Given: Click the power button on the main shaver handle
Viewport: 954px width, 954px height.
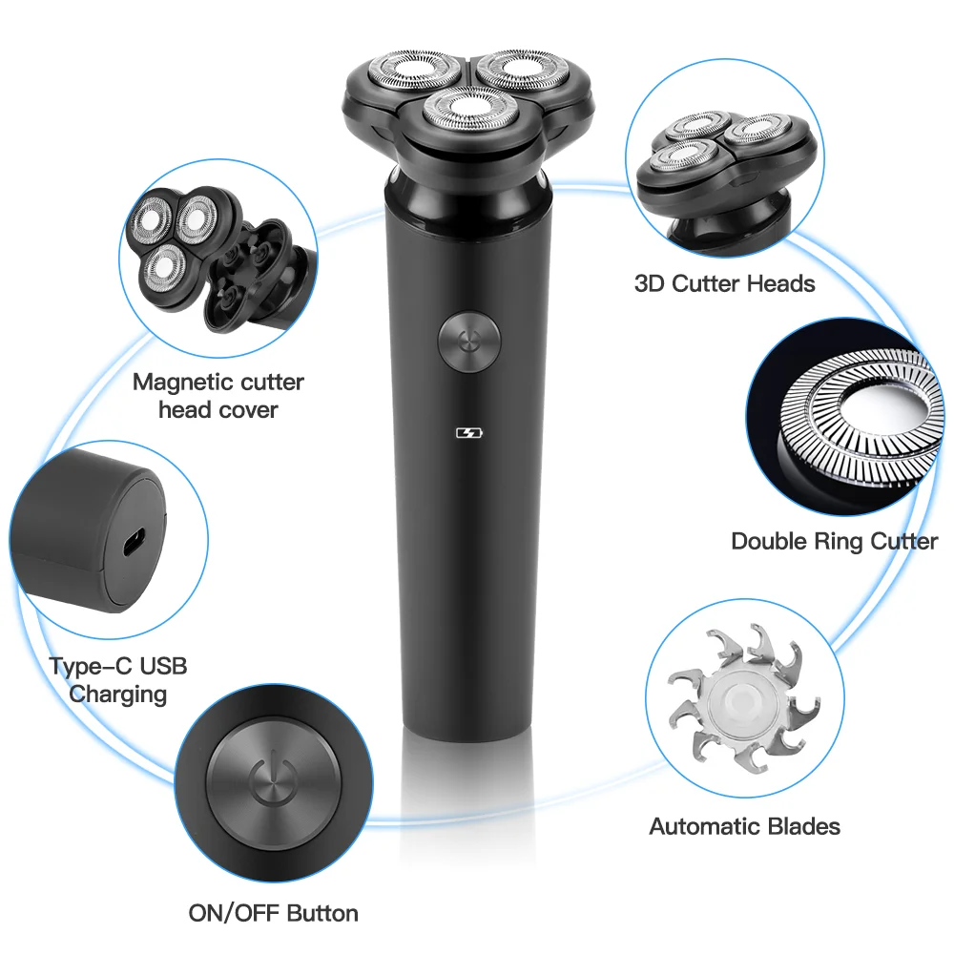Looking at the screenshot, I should point(468,338).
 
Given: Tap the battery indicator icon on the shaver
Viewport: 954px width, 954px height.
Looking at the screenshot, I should point(468,433).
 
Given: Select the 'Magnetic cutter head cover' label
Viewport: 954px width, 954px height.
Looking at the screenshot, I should point(218,396).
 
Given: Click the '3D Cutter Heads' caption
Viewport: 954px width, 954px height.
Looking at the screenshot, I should point(725,283).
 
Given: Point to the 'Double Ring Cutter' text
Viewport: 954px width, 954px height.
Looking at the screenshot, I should point(834,541).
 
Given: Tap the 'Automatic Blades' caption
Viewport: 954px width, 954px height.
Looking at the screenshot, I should point(744,826).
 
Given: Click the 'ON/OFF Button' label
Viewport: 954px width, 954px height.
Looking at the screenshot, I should point(273,913).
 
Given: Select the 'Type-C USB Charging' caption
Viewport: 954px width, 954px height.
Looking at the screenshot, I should point(118,679).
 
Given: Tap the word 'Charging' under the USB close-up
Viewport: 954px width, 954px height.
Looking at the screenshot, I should point(118,694).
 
